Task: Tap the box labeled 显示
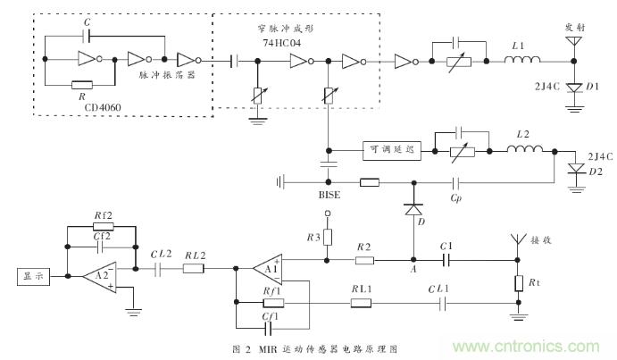(34, 278)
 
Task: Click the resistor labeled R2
(364, 261)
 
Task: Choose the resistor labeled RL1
(361, 303)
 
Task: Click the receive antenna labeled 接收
(515, 241)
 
